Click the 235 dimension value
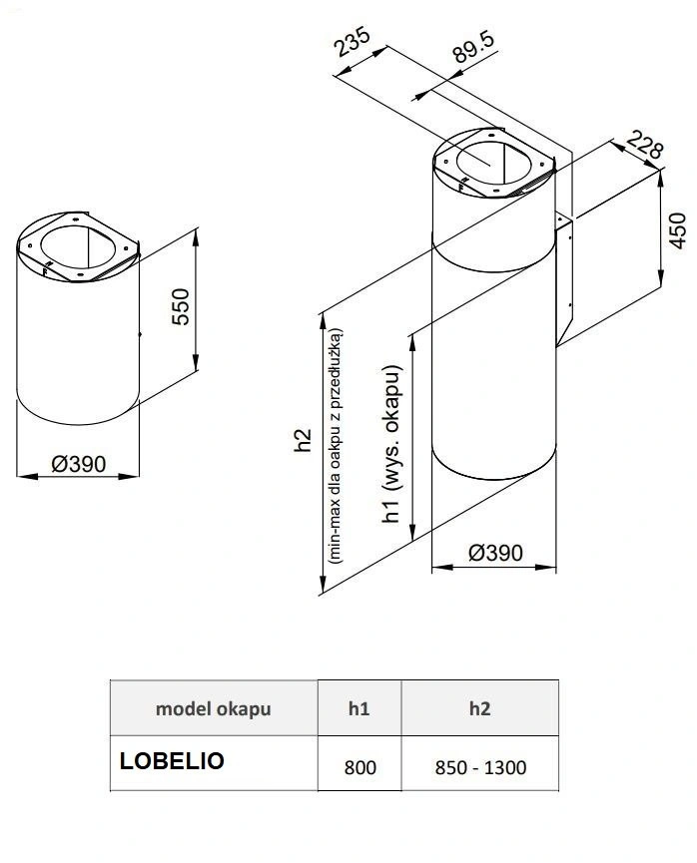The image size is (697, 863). [x=353, y=42]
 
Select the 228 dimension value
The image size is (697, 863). [x=645, y=145]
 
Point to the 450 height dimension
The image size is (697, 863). [x=678, y=230]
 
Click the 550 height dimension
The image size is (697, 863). [x=180, y=306]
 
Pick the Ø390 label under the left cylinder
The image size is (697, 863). [x=79, y=464]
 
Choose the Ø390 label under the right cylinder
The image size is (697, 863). [x=495, y=553]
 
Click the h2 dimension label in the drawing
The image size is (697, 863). [x=303, y=440]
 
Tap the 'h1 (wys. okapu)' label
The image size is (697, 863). [x=391, y=444]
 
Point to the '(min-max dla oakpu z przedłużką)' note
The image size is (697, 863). [x=335, y=446]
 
